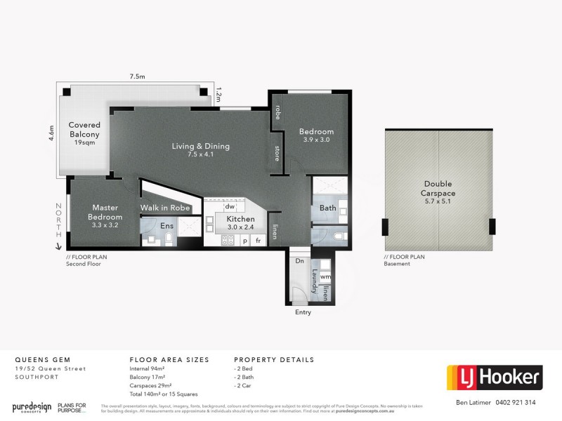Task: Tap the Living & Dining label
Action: [201, 150]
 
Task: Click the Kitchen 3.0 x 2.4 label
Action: [240, 223]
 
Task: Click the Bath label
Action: [327, 208]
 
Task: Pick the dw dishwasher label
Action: [229, 206]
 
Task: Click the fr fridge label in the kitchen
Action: [258, 241]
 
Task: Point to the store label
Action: [277, 154]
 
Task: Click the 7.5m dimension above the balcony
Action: [138, 77]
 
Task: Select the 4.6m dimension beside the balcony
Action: [51, 133]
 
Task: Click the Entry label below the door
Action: [303, 312]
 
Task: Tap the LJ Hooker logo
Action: [495, 377]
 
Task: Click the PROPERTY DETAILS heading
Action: [274, 359]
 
